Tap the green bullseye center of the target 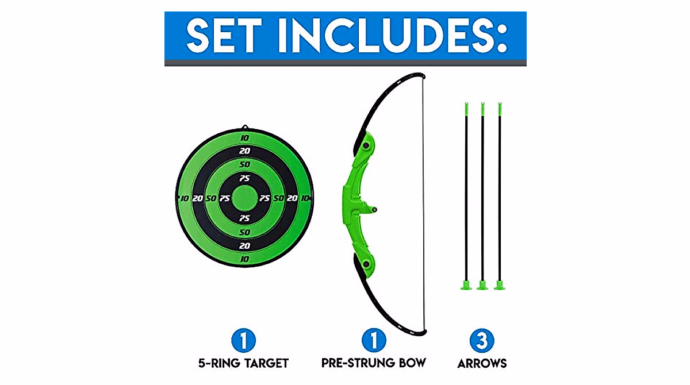tap(244, 198)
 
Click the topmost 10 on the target tap(244, 138)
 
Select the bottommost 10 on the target tap(244, 259)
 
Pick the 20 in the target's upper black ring tap(244, 151)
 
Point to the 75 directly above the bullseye tap(244, 178)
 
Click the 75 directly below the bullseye tap(244, 218)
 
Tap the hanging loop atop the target tap(244, 127)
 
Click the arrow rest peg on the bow tap(374, 210)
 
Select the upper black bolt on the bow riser tap(365, 148)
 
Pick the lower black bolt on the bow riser tap(365, 264)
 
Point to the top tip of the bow tap(421, 75)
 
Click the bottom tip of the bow tap(421, 333)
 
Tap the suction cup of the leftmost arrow tap(465, 284)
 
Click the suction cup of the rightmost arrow tap(500, 284)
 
